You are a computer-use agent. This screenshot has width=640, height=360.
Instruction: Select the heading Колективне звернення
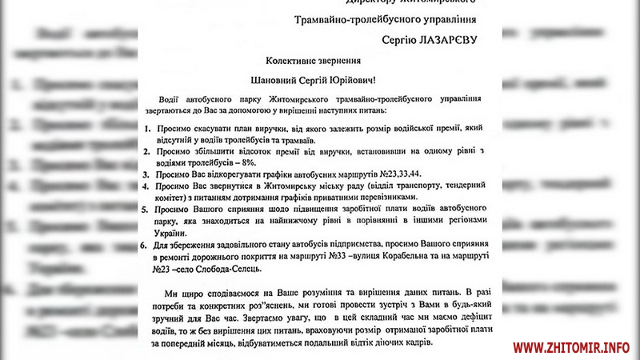[x=319, y=60]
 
